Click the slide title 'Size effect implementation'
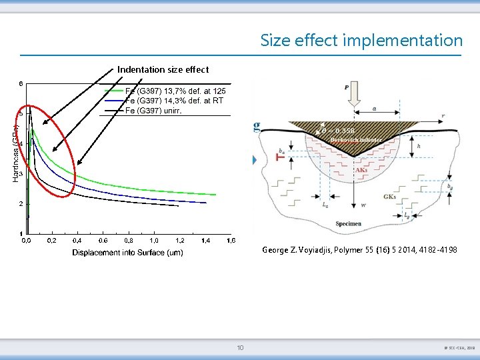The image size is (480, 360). (x=361, y=40)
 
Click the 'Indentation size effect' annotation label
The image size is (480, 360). (x=163, y=69)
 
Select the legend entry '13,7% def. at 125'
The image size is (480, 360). (x=175, y=90)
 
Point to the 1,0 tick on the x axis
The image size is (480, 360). (x=154, y=240)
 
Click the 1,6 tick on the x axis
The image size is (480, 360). (x=231, y=240)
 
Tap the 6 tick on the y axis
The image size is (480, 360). (x=20, y=84)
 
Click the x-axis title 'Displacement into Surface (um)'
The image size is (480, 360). (x=127, y=253)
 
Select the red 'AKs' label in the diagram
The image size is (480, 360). (x=361, y=170)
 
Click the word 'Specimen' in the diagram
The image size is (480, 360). (x=349, y=224)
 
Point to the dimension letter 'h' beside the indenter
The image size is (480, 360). (x=418, y=146)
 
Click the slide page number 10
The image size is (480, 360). (x=240, y=347)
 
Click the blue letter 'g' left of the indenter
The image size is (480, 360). (x=257, y=127)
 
